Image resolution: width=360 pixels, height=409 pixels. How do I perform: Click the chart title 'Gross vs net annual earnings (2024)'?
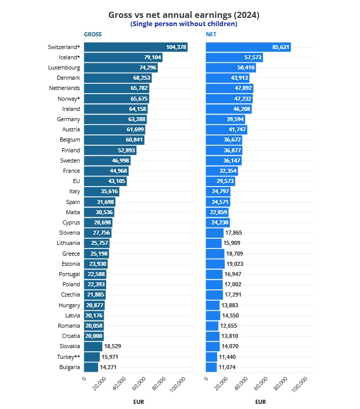click(x=184, y=15)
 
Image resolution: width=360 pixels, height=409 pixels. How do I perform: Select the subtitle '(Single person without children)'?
click(x=184, y=24)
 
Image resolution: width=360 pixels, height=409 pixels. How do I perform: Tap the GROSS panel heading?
click(x=92, y=35)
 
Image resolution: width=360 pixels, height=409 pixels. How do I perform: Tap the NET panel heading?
click(x=211, y=35)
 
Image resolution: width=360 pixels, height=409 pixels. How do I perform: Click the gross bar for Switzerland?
click(x=136, y=47)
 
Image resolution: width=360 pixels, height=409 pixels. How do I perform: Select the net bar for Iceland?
click(x=234, y=57)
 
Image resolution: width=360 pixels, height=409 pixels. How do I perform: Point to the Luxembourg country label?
click(x=64, y=67)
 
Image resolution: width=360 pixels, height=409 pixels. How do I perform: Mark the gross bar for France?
click(x=106, y=171)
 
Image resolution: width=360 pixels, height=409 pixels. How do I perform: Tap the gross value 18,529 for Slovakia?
click(x=112, y=347)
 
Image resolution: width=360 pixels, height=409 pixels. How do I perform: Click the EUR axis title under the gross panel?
click(x=138, y=402)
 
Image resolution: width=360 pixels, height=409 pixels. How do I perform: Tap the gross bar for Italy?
click(x=102, y=191)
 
